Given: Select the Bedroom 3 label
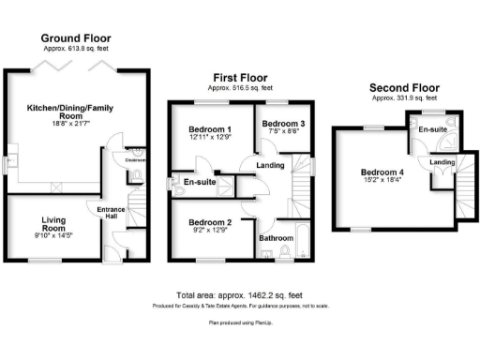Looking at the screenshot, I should pyautogui.click(x=279, y=124).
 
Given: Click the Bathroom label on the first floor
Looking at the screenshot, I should pyautogui.click(x=277, y=238).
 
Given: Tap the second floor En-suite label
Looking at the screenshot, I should pyautogui.click(x=431, y=128).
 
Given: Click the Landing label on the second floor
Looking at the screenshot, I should pyautogui.click(x=442, y=162).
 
